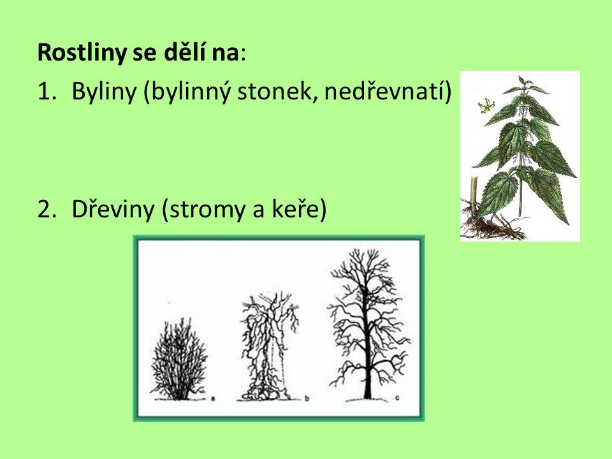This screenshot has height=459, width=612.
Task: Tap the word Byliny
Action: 104,92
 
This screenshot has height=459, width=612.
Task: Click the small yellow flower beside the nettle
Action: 485,105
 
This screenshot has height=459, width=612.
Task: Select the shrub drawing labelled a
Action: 178,359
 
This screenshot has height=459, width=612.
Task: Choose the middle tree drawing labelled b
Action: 269,347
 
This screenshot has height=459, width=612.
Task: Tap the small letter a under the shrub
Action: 213,398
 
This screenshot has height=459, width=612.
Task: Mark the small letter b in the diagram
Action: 307,398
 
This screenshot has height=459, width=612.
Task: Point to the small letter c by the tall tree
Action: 397,398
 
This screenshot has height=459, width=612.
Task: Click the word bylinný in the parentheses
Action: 191,93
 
